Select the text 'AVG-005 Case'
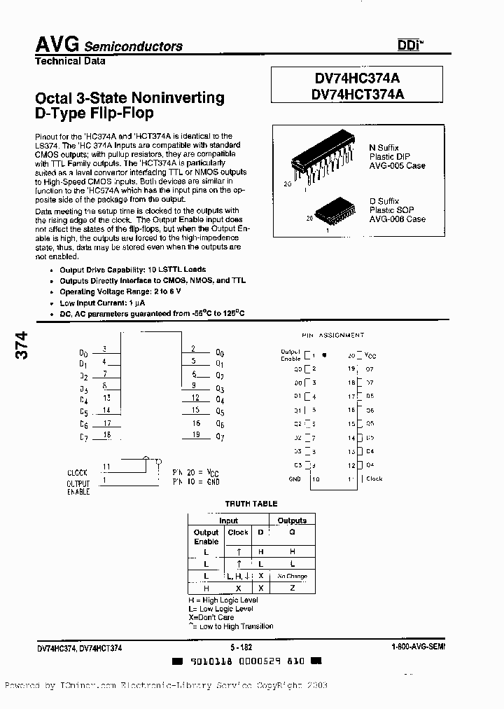tap(397, 166)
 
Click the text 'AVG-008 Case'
tap(397, 219)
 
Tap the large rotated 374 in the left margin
tap(21, 347)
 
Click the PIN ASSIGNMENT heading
tap(333, 336)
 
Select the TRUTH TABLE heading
tap(251, 504)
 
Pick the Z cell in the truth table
tap(292, 588)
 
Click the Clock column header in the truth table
tap(238, 532)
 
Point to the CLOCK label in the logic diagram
tap(78, 473)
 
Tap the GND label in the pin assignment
tap(294, 479)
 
